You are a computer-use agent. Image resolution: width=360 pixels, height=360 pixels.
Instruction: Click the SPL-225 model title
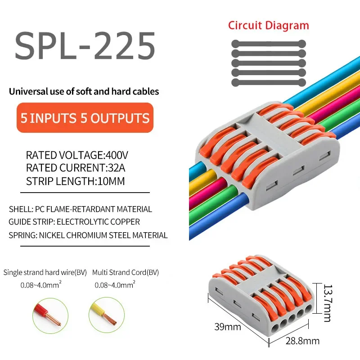pyautogui.click(x=85, y=46)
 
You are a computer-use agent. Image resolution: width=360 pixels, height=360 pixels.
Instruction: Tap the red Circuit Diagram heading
pyautogui.click(x=268, y=25)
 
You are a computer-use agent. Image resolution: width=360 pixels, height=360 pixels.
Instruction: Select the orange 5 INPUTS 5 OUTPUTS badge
pyautogui.click(x=85, y=118)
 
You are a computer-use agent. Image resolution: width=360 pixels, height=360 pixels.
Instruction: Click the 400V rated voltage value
pyautogui.click(x=117, y=156)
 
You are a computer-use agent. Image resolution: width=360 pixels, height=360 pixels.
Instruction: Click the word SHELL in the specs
pyautogui.click(x=19, y=209)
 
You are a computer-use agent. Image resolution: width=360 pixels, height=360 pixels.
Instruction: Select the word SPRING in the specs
pyautogui.click(x=21, y=235)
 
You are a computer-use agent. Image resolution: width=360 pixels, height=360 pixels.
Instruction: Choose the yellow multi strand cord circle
pyautogui.click(x=106, y=315)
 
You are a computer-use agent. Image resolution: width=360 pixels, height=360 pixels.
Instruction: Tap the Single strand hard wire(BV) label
pyautogui.click(x=45, y=273)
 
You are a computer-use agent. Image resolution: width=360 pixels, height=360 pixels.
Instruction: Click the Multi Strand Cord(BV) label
pyautogui.click(x=126, y=273)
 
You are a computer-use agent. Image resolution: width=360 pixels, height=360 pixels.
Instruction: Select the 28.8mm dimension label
pyautogui.click(x=302, y=341)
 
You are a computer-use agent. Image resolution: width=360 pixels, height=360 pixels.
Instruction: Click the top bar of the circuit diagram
pyautogui.click(x=268, y=44)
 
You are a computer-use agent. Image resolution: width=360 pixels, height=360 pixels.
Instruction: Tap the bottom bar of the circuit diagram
pyautogui.click(x=268, y=83)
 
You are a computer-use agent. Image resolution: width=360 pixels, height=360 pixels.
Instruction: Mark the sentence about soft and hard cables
pyautogui.click(x=84, y=92)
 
